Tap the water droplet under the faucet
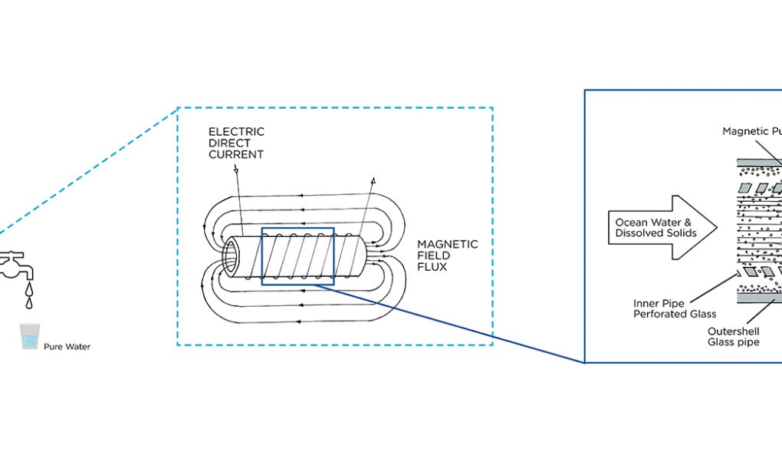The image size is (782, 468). click(28, 289)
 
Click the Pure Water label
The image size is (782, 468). click(67, 347)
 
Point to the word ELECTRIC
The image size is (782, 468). click(236, 132)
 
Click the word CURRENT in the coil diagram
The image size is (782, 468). click(236, 154)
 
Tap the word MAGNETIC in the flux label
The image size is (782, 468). click(447, 244)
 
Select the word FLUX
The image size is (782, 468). click(431, 267)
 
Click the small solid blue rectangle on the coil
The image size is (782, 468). click(297, 256)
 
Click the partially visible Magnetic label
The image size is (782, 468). click(751, 131)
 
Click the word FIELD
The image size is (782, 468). click(432, 255)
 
